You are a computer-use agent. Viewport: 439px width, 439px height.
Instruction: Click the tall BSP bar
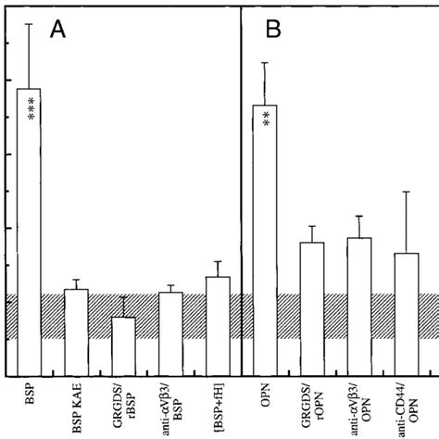pyautogui.click(x=29, y=232)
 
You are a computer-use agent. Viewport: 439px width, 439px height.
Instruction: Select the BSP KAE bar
pyautogui.click(x=76, y=332)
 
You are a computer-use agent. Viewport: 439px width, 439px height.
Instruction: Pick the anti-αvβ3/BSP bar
pyautogui.click(x=170, y=333)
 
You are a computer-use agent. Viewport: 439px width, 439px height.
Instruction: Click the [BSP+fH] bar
pyautogui.click(x=218, y=325)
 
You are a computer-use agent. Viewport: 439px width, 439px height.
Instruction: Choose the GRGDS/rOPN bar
pyautogui.click(x=312, y=307)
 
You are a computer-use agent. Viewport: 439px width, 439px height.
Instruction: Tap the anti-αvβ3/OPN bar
pyautogui.click(x=358, y=306)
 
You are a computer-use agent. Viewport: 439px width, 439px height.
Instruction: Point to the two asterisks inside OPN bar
pyautogui.click(x=266, y=119)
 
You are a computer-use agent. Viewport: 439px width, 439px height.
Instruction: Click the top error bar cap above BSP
pyautogui.click(x=29, y=23)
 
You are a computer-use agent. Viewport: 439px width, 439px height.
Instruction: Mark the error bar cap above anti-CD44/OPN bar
pyautogui.click(x=406, y=192)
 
